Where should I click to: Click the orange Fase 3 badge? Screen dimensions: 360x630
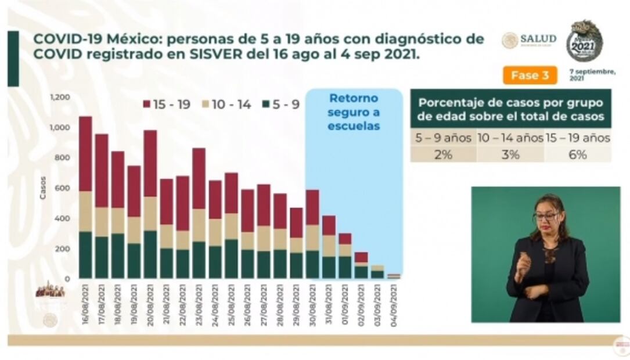tap(529, 75)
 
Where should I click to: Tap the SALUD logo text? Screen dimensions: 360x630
tap(538, 39)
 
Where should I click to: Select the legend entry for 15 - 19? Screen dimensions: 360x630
tap(167, 105)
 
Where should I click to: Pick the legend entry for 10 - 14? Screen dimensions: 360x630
tap(226, 105)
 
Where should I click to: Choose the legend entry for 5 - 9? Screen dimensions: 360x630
tap(281, 105)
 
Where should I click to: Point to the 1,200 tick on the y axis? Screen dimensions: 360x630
tap(60, 97)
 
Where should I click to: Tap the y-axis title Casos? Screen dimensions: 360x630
tap(43, 188)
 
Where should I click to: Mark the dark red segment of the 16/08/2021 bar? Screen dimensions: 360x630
tap(85, 153)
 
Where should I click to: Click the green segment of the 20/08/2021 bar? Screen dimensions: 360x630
tap(150, 254)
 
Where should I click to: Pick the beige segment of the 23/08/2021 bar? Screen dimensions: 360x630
tap(199, 225)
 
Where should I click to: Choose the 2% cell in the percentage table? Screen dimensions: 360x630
tap(443, 154)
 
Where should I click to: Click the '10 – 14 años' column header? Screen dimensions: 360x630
tap(510, 138)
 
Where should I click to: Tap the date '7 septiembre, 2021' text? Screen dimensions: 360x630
tap(592, 74)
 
